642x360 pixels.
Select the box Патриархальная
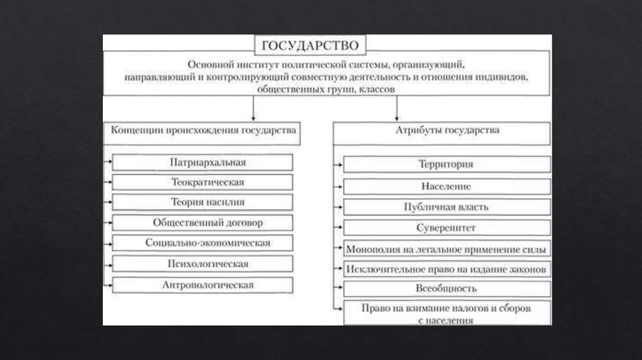pos(203,162)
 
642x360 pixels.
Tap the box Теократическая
pos(203,183)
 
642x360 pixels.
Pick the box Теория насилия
pos(203,202)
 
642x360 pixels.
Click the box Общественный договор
pos(203,223)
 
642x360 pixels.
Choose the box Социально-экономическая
pos(203,243)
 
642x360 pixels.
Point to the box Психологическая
pos(203,263)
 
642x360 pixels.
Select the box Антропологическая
pos(203,285)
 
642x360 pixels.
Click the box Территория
pos(446,164)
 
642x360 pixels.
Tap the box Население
pos(446,186)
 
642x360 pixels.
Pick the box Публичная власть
pos(446,206)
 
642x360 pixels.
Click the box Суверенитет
pos(446,227)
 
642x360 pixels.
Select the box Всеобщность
pos(446,289)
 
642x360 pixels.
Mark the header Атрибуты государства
pos(446,131)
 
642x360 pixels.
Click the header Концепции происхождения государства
pos(203,131)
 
